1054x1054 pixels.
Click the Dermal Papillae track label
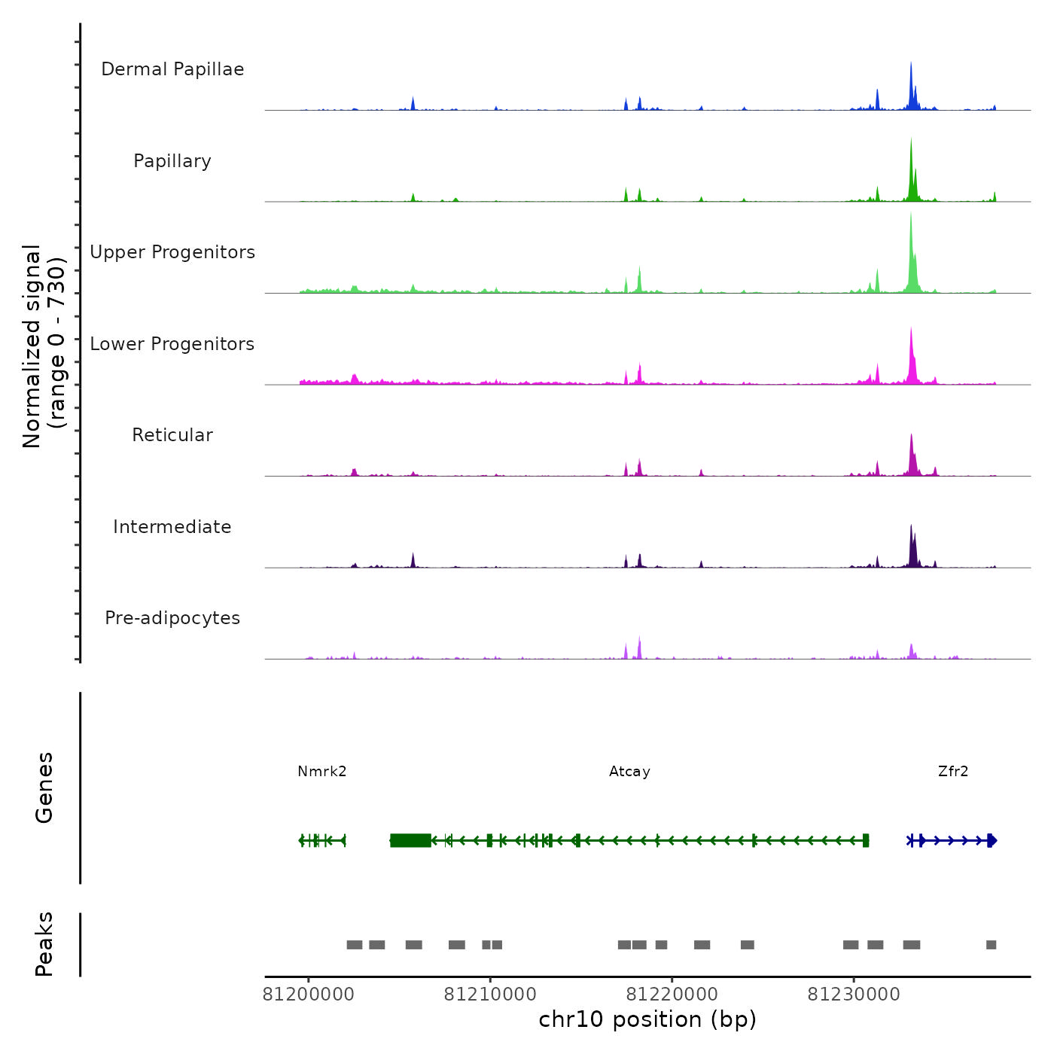(172, 69)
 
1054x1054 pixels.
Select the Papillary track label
(172, 161)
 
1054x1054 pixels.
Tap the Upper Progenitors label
(172, 252)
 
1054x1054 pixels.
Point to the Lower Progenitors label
(172, 344)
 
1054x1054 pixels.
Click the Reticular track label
(172, 435)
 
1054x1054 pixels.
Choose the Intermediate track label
(172, 527)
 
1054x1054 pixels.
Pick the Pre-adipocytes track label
(172, 618)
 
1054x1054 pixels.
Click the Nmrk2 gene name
(322, 771)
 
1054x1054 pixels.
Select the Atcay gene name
(629, 771)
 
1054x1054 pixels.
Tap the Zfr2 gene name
(953, 771)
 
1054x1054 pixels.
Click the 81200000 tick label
(308, 995)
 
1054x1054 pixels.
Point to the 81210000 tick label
(490, 995)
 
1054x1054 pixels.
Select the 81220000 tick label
(672, 995)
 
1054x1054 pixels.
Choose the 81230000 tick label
(854, 995)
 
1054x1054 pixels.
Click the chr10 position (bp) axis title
(647, 1019)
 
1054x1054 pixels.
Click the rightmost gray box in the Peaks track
(991, 945)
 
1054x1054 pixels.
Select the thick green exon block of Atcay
(410, 840)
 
